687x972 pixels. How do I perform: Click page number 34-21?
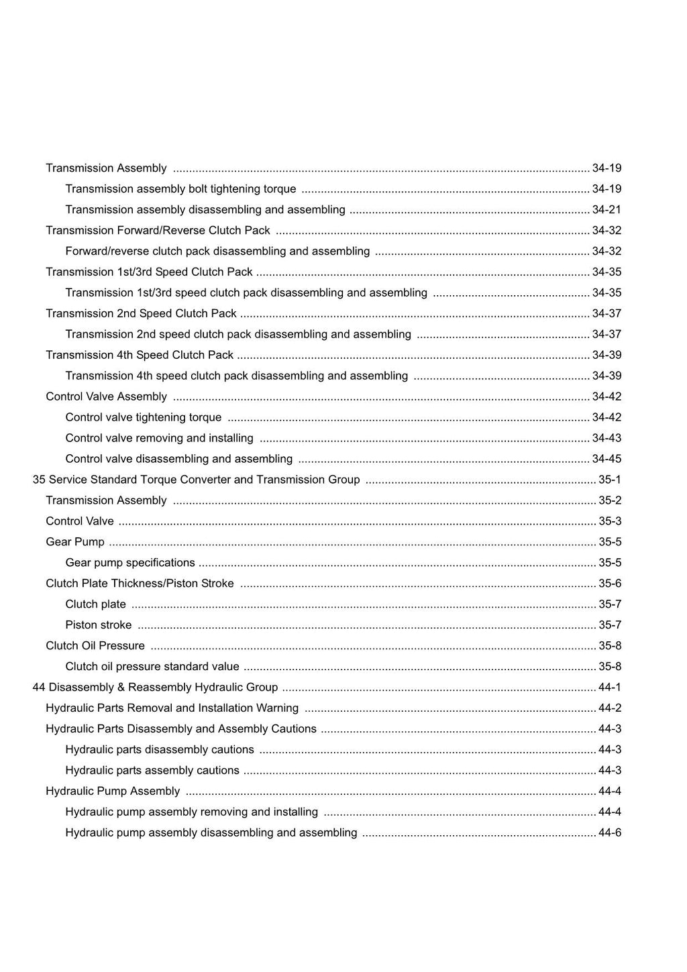coord(606,209)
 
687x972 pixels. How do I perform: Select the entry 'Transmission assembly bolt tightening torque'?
coord(180,188)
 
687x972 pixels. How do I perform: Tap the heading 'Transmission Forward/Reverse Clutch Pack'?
coord(158,230)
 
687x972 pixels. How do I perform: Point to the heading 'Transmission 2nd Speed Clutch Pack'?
coord(141,313)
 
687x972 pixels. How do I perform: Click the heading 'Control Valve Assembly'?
coord(106,396)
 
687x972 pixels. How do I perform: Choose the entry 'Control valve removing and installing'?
coord(159,438)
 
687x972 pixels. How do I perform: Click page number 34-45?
coord(606,459)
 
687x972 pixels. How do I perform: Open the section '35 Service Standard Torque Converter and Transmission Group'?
coord(196,480)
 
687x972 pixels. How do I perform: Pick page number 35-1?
coord(610,480)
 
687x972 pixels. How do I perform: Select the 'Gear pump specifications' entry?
coord(130,563)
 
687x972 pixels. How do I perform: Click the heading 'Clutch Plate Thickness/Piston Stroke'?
coord(140,584)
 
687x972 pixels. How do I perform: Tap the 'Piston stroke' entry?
coord(99,625)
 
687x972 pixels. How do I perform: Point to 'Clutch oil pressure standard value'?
coord(152,667)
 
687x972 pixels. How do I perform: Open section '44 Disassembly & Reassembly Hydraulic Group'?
coord(155,688)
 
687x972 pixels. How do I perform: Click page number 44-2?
coord(610,708)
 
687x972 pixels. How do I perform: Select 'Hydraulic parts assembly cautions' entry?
coord(152,771)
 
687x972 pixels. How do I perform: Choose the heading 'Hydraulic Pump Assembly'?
coord(113,792)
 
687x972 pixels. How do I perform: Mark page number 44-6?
coord(610,833)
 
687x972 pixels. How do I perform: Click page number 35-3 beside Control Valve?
coord(610,521)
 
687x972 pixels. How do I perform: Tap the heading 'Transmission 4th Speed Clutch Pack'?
coord(140,355)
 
